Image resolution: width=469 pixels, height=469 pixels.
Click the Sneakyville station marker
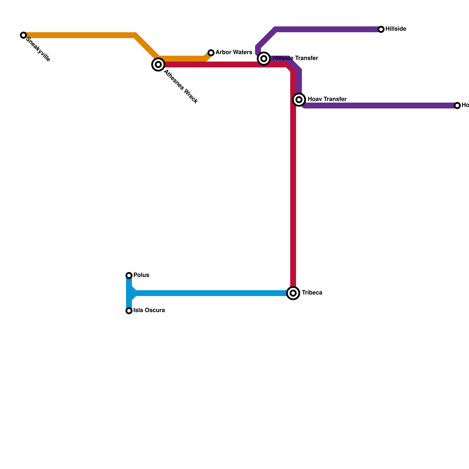(23, 35)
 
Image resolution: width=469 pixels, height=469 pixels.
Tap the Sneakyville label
(38, 50)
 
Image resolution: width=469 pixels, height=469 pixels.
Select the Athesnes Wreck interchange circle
(158, 64)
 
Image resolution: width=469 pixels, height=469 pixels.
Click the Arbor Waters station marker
(211, 53)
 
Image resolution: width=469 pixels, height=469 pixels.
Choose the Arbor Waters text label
(234, 52)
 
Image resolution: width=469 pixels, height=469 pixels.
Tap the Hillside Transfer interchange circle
(264, 59)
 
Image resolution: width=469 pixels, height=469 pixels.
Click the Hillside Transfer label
(295, 58)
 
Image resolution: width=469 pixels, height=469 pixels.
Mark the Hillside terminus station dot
(381, 29)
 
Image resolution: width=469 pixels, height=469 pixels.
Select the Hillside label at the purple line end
(396, 29)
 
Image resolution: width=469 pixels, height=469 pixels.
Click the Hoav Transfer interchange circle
(299, 100)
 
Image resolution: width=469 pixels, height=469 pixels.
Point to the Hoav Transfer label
(327, 99)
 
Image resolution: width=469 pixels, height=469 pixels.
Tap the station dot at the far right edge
(457, 106)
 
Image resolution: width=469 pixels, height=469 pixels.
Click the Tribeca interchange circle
(293, 293)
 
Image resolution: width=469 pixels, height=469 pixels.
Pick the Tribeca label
(312, 293)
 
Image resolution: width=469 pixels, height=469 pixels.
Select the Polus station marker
(129, 276)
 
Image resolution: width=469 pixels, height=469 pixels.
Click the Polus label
(141, 275)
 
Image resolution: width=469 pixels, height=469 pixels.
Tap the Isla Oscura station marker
(129, 311)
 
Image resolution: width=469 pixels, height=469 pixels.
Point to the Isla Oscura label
(149, 310)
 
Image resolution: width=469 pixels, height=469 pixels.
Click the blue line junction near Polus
(130, 293)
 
